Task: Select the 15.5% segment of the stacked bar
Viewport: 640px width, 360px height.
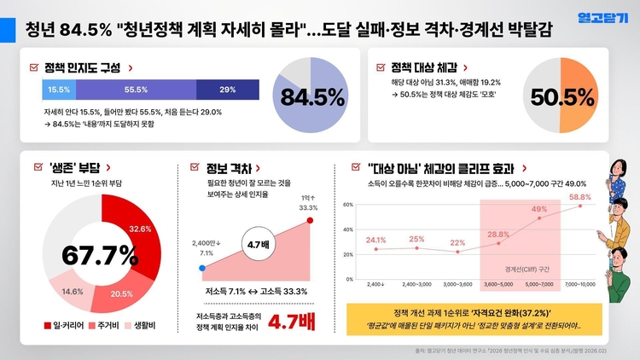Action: pyautogui.click(x=60, y=90)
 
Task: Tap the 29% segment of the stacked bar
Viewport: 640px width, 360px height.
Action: pyautogui.click(x=228, y=90)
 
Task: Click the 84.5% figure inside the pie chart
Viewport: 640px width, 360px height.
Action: pyautogui.click(x=311, y=96)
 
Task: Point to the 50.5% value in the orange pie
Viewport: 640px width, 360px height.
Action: pyautogui.click(x=562, y=96)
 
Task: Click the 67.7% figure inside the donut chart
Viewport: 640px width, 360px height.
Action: pyautogui.click(x=100, y=254)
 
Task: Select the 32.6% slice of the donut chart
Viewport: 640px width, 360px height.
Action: pyautogui.click(x=139, y=229)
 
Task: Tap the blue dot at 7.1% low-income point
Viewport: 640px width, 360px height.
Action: pyautogui.click(x=202, y=268)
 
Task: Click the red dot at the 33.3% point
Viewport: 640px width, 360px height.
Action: pyautogui.click(x=310, y=221)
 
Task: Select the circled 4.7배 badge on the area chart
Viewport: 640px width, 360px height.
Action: pyautogui.click(x=257, y=244)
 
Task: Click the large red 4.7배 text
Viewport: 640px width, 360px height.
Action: pyautogui.click(x=294, y=323)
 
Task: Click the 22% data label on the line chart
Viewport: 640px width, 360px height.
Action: pyautogui.click(x=458, y=242)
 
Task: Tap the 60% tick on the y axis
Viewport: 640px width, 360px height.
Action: pyautogui.click(x=348, y=205)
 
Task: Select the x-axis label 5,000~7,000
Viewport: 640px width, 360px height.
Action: pyautogui.click(x=540, y=284)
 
